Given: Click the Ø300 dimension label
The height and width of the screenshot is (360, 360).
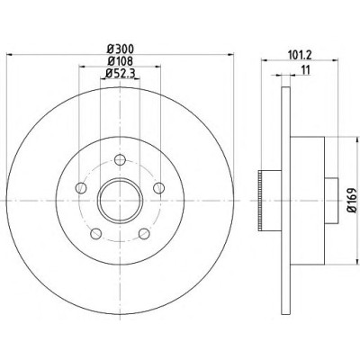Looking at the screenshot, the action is [x=120, y=49].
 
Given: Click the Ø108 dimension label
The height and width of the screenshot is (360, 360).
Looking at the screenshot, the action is [x=120, y=61].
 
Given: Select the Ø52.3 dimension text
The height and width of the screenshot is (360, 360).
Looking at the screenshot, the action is [x=120, y=73].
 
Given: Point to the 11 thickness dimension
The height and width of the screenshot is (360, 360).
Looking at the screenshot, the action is [x=305, y=70].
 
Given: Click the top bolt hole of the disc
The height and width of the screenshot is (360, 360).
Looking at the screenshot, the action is [x=120, y=159].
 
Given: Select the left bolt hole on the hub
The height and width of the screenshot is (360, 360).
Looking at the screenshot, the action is [x=81, y=188].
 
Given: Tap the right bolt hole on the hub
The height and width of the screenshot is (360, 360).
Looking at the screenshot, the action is [x=159, y=188].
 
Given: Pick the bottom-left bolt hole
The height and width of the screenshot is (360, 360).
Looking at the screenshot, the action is [x=95, y=234].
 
